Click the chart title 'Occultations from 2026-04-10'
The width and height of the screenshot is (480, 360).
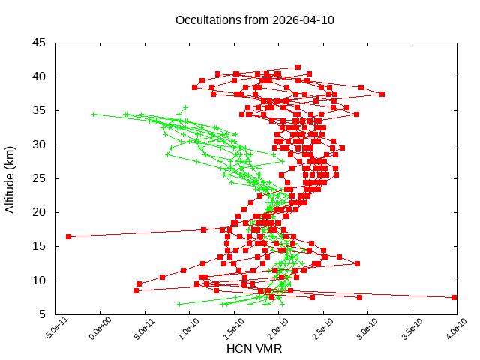pyautogui.click(x=254, y=19)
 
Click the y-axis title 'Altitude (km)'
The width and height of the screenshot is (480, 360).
pyautogui.click(x=10, y=178)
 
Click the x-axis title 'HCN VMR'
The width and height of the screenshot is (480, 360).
pyautogui.click(x=254, y=349)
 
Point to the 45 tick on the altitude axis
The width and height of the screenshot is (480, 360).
pyautogui.click(x=39, y=43)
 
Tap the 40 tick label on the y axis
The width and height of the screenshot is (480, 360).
pyautogui.click(x=39, y=76)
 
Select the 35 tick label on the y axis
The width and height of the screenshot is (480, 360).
pyautogui.click(x=39, y=110)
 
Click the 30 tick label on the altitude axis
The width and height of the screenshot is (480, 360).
pyautogui.click(x=39, y=145)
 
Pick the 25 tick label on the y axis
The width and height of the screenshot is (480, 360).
pyautogui.click(x=39, y=178)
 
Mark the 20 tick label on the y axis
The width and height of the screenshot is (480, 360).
pyautogui.click(x=39, y=212)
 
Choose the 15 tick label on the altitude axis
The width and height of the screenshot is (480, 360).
pyautogui.click(x=39, y=246)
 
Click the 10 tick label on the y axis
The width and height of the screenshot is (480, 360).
pyautogui.click(x=39, y=280)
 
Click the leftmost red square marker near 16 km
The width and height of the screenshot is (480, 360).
pyautogui.click(x=68, y=236)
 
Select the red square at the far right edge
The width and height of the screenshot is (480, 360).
pyautogui.click(x=454, y=297)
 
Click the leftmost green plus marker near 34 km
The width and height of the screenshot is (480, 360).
pyautogui.click(x=93, y=114)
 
